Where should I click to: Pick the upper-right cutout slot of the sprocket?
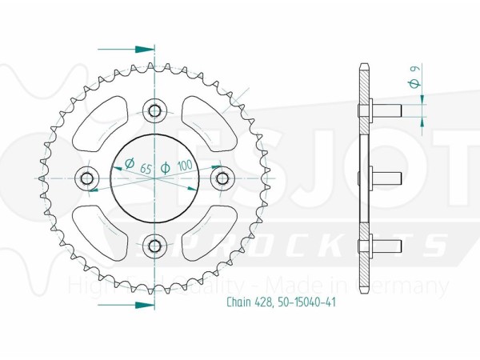click(205, 121)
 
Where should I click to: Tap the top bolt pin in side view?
click(386, 109)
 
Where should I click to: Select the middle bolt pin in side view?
click(386, 176)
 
